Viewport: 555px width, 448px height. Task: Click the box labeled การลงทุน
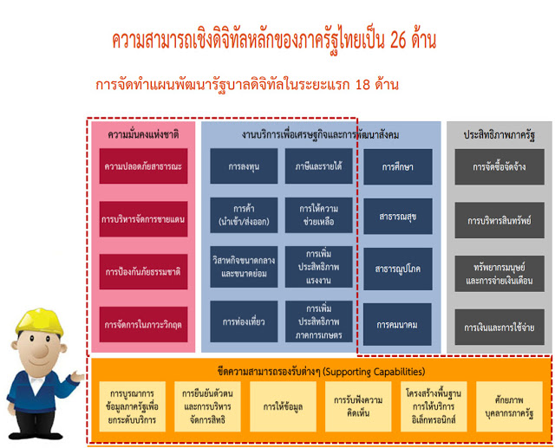(x=244, y=166)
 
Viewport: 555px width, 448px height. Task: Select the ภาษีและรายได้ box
(x=318, y=166)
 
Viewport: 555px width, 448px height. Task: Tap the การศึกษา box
(x=398, y=167)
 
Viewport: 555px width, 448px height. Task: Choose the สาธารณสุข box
(x=398, y=217)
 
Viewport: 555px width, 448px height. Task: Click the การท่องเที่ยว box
(x=244, y=321)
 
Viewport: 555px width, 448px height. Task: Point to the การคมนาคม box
(x=397, y=325)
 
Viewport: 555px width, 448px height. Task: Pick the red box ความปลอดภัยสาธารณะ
(x=143, y=166)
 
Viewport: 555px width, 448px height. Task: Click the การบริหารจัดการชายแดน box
(x=143, y=219)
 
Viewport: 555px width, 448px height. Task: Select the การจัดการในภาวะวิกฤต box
(x=143, y=325)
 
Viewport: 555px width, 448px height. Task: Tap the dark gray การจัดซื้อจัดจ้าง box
(x=499, y=167)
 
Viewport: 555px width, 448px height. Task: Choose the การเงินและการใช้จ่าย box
(x=499, y=327)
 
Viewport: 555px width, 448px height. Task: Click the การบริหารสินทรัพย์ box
(x=499, y=220)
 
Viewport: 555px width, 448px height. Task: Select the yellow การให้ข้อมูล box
(x=284, y=406)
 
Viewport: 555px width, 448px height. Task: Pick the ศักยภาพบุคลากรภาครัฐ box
(x=509, y=406)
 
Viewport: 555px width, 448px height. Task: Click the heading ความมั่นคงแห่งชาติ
(x=143, y=134)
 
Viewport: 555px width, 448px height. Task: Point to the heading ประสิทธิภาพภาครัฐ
(x=499, y=135)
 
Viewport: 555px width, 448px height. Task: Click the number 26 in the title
(x=399, y=41)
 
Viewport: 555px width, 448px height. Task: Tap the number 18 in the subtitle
(x=362, y=85)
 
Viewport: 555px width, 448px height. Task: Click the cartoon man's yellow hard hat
(x=40, y=321)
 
